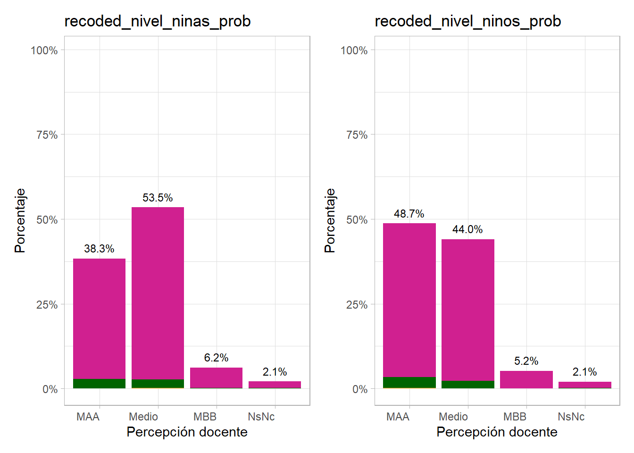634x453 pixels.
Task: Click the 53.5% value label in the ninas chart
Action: click(158, 198)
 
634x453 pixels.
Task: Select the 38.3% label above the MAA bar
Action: click(99, 249)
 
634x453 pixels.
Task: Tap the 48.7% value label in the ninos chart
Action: click(409, 214)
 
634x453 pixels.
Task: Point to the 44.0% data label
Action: click(467, 229)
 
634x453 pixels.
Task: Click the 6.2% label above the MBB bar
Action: click(216, 358)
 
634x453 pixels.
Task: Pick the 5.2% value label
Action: click(526, 361)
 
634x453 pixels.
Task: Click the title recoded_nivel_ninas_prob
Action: click(158, 21)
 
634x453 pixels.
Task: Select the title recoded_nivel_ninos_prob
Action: click(467, 21)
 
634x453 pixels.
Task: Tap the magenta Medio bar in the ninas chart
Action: click(158, 293)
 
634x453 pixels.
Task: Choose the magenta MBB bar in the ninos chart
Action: click(526, 379)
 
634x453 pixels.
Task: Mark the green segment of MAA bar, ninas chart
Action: click(99, 384)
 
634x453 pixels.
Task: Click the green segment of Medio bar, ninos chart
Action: click(467, 385)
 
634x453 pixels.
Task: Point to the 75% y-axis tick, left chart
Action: click(47, 135)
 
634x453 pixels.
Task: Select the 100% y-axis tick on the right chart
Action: click(354, 50)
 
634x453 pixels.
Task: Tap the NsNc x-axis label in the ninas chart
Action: click(261, 417)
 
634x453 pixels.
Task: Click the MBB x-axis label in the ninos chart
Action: click(515, 417)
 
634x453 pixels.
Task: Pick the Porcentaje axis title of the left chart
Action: click(20, 220)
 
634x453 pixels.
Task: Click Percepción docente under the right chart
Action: click(497, 432)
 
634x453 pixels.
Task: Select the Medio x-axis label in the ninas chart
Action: click(143, 417)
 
